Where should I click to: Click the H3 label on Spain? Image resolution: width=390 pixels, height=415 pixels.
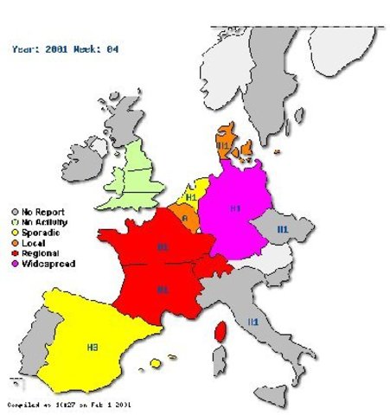(93, 347)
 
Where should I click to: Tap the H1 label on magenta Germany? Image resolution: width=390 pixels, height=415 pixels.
(235, 208)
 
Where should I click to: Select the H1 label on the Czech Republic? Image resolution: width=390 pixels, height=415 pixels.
(282, 228)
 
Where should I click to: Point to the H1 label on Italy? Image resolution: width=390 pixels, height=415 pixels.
(253, 322)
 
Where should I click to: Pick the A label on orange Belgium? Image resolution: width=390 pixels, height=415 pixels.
(184, 219)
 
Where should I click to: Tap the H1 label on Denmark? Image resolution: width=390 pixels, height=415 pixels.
(223, 146)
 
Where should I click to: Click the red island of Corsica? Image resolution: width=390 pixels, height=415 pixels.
(220, 329)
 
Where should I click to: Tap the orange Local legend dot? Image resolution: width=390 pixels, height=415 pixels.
(15, 242)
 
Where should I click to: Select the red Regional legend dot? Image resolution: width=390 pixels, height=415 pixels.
(15, 252)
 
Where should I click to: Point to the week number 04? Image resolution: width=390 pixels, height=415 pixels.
(112, 49)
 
